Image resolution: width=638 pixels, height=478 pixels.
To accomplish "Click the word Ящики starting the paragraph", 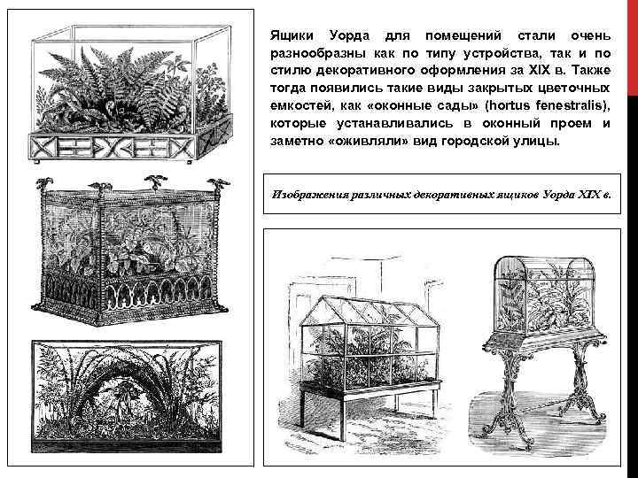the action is [291, 36].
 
